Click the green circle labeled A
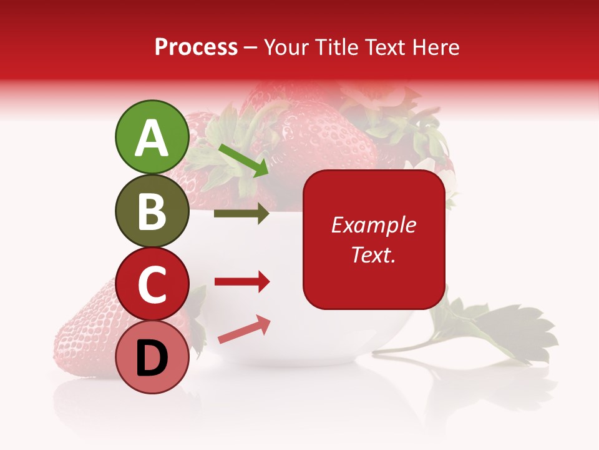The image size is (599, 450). coord(152,137)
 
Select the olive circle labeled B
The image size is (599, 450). coord(152,211)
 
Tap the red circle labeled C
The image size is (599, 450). coord(152,284)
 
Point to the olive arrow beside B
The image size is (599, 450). coord(241,214)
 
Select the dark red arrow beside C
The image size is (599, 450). coord(241,282)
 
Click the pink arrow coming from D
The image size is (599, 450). coord(244,329)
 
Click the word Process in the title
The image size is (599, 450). coord(196,47)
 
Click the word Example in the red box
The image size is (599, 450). coord(373,225)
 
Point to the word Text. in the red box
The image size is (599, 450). coord(373,254)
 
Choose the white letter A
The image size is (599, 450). coord(152,138)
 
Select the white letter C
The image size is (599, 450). coord(152,284)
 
